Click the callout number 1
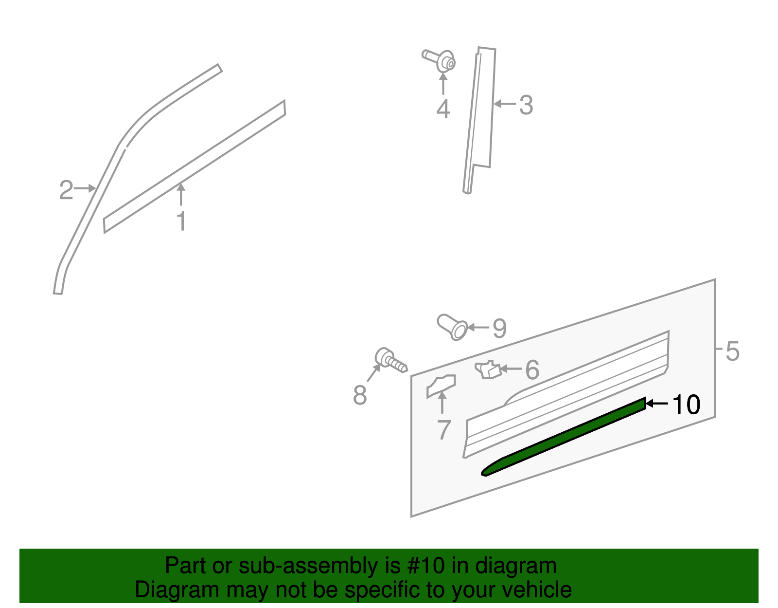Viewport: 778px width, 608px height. point(181,221)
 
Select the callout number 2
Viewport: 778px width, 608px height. point(66,190)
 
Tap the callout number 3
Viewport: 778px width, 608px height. point(526,105)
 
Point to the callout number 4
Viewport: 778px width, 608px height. point(443,109)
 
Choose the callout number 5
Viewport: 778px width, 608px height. point(732,350)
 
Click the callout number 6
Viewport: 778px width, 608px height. point(532,370)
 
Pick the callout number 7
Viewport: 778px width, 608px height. point(443,430)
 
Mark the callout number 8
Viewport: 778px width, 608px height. point(360,395)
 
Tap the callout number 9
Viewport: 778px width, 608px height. point(499,329)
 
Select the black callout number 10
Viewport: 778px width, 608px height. point(686,405)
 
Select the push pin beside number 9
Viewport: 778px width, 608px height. point(453,327)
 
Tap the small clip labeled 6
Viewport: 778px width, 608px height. point(488,369)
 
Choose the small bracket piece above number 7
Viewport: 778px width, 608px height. point(441,386)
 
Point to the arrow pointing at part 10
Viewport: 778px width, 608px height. point(657,404)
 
